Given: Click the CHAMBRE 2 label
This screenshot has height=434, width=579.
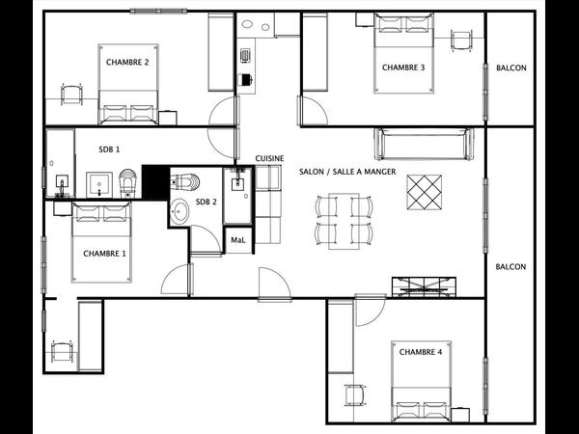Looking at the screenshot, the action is coord(127,62).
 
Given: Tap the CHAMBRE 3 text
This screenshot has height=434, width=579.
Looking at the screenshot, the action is coord(403,68).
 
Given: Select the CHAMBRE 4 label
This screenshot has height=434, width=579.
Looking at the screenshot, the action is coord(420,352).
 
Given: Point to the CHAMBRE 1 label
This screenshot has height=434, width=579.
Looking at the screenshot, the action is coord(104,254).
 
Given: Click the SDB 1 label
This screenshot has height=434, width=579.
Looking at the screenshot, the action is coord(109,149).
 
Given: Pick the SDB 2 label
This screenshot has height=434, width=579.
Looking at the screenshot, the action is coord(207,202).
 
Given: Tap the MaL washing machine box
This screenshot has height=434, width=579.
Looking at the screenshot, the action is coord(238,240).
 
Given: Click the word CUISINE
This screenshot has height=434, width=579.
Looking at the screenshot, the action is coord(269,158).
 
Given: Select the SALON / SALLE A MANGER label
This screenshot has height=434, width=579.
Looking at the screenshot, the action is coord(347,172).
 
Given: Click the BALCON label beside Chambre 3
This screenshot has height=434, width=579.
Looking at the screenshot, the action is coord(511,68).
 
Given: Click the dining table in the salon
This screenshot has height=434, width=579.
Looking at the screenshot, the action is coord(344,221).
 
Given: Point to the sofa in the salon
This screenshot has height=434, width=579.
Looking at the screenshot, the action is coord(424,144).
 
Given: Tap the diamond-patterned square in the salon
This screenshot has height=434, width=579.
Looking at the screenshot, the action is coord(424,192).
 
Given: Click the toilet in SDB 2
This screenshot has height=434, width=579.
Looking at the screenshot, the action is coord(185,181).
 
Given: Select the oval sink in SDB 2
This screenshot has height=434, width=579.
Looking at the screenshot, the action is coord(180,211).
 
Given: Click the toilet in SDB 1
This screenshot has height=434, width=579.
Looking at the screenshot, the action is coord(127,181).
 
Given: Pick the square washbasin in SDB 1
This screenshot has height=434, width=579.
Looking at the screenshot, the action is coord(99,184).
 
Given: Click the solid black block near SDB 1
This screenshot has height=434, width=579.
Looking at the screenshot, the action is coord(155,182).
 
